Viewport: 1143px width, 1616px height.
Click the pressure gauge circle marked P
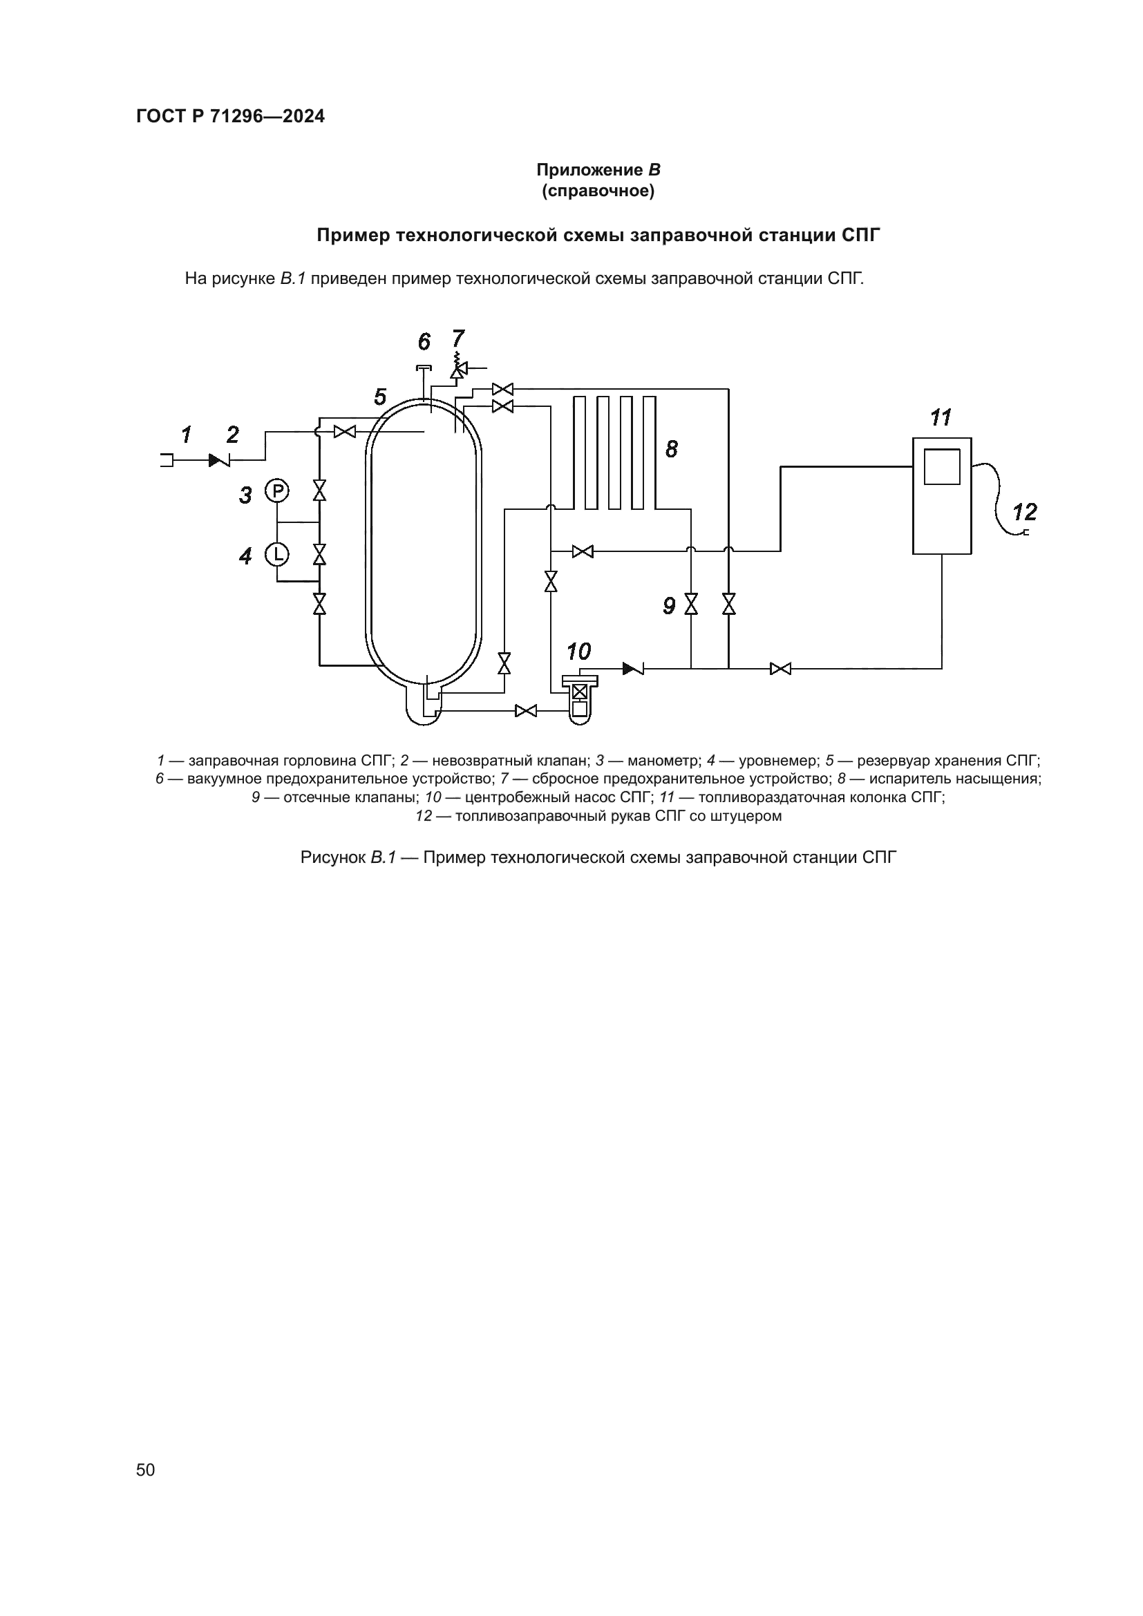click(277, 491)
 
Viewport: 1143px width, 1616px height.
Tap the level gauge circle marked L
click(277, 555)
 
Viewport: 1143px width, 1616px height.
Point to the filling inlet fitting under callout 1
click(167, 460)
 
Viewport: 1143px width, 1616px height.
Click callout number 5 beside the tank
click(380, 398)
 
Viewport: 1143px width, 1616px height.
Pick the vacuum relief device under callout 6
click(424, 369)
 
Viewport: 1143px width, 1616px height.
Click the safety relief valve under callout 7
click(458, 368)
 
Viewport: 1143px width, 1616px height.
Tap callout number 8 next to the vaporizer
click(672, 449)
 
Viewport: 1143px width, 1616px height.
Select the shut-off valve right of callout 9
click(691, 604)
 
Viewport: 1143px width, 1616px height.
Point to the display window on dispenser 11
click(942, 466)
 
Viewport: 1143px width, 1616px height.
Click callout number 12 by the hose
click(1024, 512)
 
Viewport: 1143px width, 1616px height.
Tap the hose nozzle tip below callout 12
click(1025, 533)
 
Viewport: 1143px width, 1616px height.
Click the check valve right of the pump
click(633, 668)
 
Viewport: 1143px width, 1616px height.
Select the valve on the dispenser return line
click(780, 668)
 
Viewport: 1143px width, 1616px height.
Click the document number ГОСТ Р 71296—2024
click(230, 117)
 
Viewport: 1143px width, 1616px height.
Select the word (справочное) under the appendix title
click(598, 191)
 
